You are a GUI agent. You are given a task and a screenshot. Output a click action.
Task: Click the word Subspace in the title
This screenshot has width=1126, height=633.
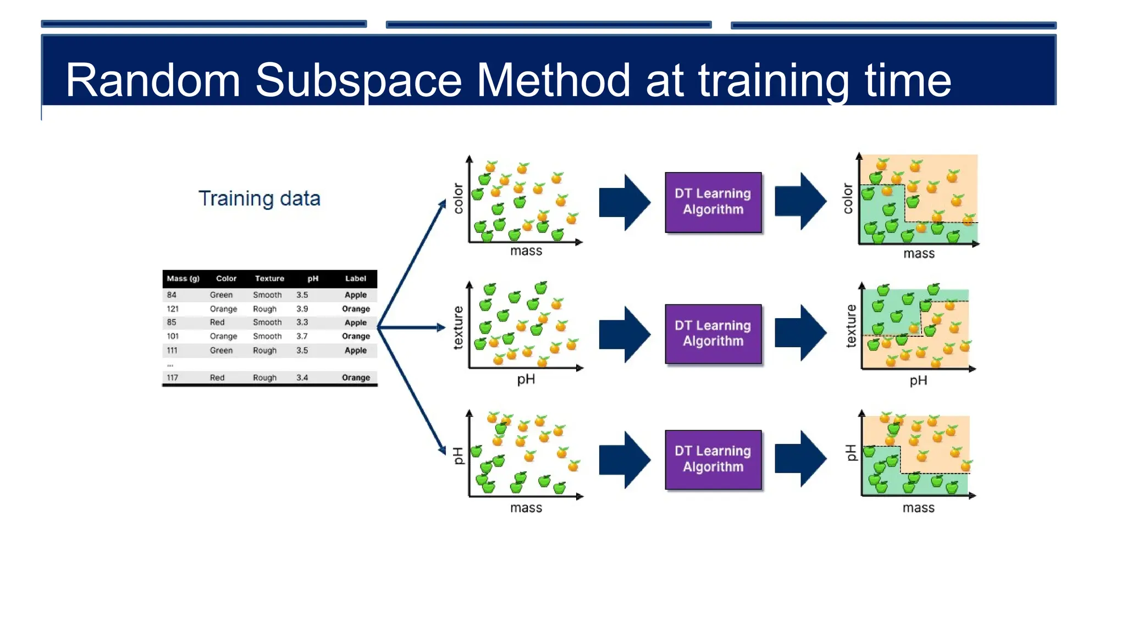(358, 81)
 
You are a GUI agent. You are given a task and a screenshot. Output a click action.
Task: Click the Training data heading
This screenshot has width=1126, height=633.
(259, 198)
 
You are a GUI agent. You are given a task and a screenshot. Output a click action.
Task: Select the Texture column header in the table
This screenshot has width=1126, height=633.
(269, 279)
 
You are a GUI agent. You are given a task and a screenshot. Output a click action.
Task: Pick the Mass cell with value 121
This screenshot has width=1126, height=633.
(173, 309)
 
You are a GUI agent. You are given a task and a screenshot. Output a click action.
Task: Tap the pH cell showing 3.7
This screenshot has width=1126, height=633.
(302, 336)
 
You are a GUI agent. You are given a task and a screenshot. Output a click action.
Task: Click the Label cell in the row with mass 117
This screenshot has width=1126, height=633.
(355, 377)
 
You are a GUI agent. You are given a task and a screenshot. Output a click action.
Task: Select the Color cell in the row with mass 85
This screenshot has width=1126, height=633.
(217, 323)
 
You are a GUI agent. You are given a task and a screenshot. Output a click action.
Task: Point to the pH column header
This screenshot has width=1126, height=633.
(313, 279)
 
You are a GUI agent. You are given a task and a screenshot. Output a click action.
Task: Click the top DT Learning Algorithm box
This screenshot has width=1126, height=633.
(713, 202)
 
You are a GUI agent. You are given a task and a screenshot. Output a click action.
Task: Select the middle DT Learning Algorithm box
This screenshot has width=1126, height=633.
(713, 334)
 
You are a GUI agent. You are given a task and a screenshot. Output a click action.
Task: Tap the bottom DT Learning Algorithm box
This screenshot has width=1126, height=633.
(713, 459)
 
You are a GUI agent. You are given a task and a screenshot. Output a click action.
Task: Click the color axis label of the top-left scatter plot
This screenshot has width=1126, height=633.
(458, 198)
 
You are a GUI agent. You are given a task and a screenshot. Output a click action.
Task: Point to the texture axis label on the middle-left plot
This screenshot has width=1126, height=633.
(458, 328)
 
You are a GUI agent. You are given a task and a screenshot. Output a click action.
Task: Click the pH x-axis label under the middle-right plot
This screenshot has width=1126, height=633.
(918, 380)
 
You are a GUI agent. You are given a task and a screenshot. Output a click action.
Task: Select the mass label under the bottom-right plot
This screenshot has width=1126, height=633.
(918, 508)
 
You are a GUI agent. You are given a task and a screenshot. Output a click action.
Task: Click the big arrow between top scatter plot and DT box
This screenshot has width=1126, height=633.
(625, 202)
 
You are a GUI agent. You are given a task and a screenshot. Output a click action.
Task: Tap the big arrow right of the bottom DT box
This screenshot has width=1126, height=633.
(801, 459)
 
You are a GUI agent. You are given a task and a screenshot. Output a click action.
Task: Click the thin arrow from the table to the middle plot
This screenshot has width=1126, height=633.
(412, 327)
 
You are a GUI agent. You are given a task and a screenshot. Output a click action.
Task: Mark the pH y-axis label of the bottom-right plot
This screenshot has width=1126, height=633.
(851, 453)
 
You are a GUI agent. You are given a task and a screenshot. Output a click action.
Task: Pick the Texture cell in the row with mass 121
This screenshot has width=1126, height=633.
(264, 309)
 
